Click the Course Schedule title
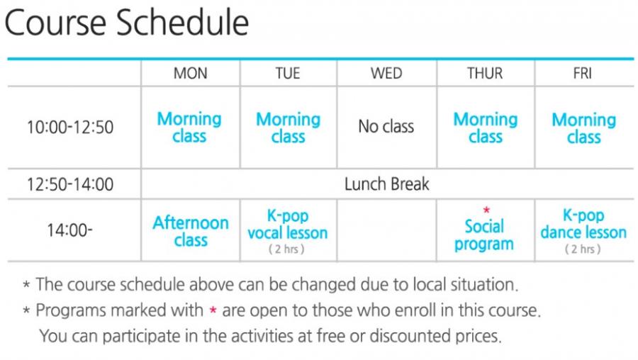pos(127,23)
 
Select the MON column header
pos(191,73)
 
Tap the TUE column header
pos(288,73)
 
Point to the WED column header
pos(386,73)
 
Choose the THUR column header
pos(485,73)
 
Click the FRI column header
pos(582,73)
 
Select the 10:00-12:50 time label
pos(70,127)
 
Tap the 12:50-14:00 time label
pos(70,184)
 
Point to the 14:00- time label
pos(69,230)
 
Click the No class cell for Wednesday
pos(386,127)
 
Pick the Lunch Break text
pos(386,184)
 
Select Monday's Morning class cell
pos(189,128)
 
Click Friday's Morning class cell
pos(584,128)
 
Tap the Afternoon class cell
pos(191,231)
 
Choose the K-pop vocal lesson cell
pos(288,230)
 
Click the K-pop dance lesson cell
pos(583,230)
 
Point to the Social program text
pos(484,235)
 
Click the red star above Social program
pos(486,210)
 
